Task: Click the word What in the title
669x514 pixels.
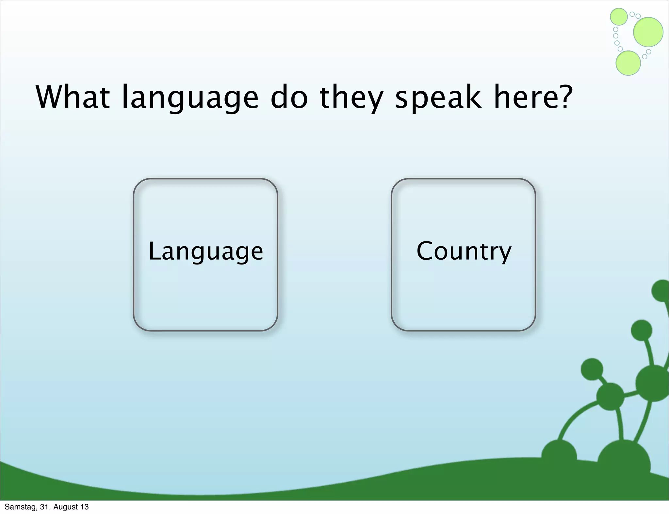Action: [73, 97]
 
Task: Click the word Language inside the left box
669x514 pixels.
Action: [205, 251]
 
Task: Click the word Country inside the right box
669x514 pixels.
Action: [464, 251]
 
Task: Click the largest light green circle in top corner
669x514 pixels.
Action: [648, 32]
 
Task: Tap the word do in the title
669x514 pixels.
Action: [289, 97]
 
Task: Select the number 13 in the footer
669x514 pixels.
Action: [84, 507]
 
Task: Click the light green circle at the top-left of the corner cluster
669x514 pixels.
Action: [619, 17]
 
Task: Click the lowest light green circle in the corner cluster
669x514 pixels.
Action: [628, 63]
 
